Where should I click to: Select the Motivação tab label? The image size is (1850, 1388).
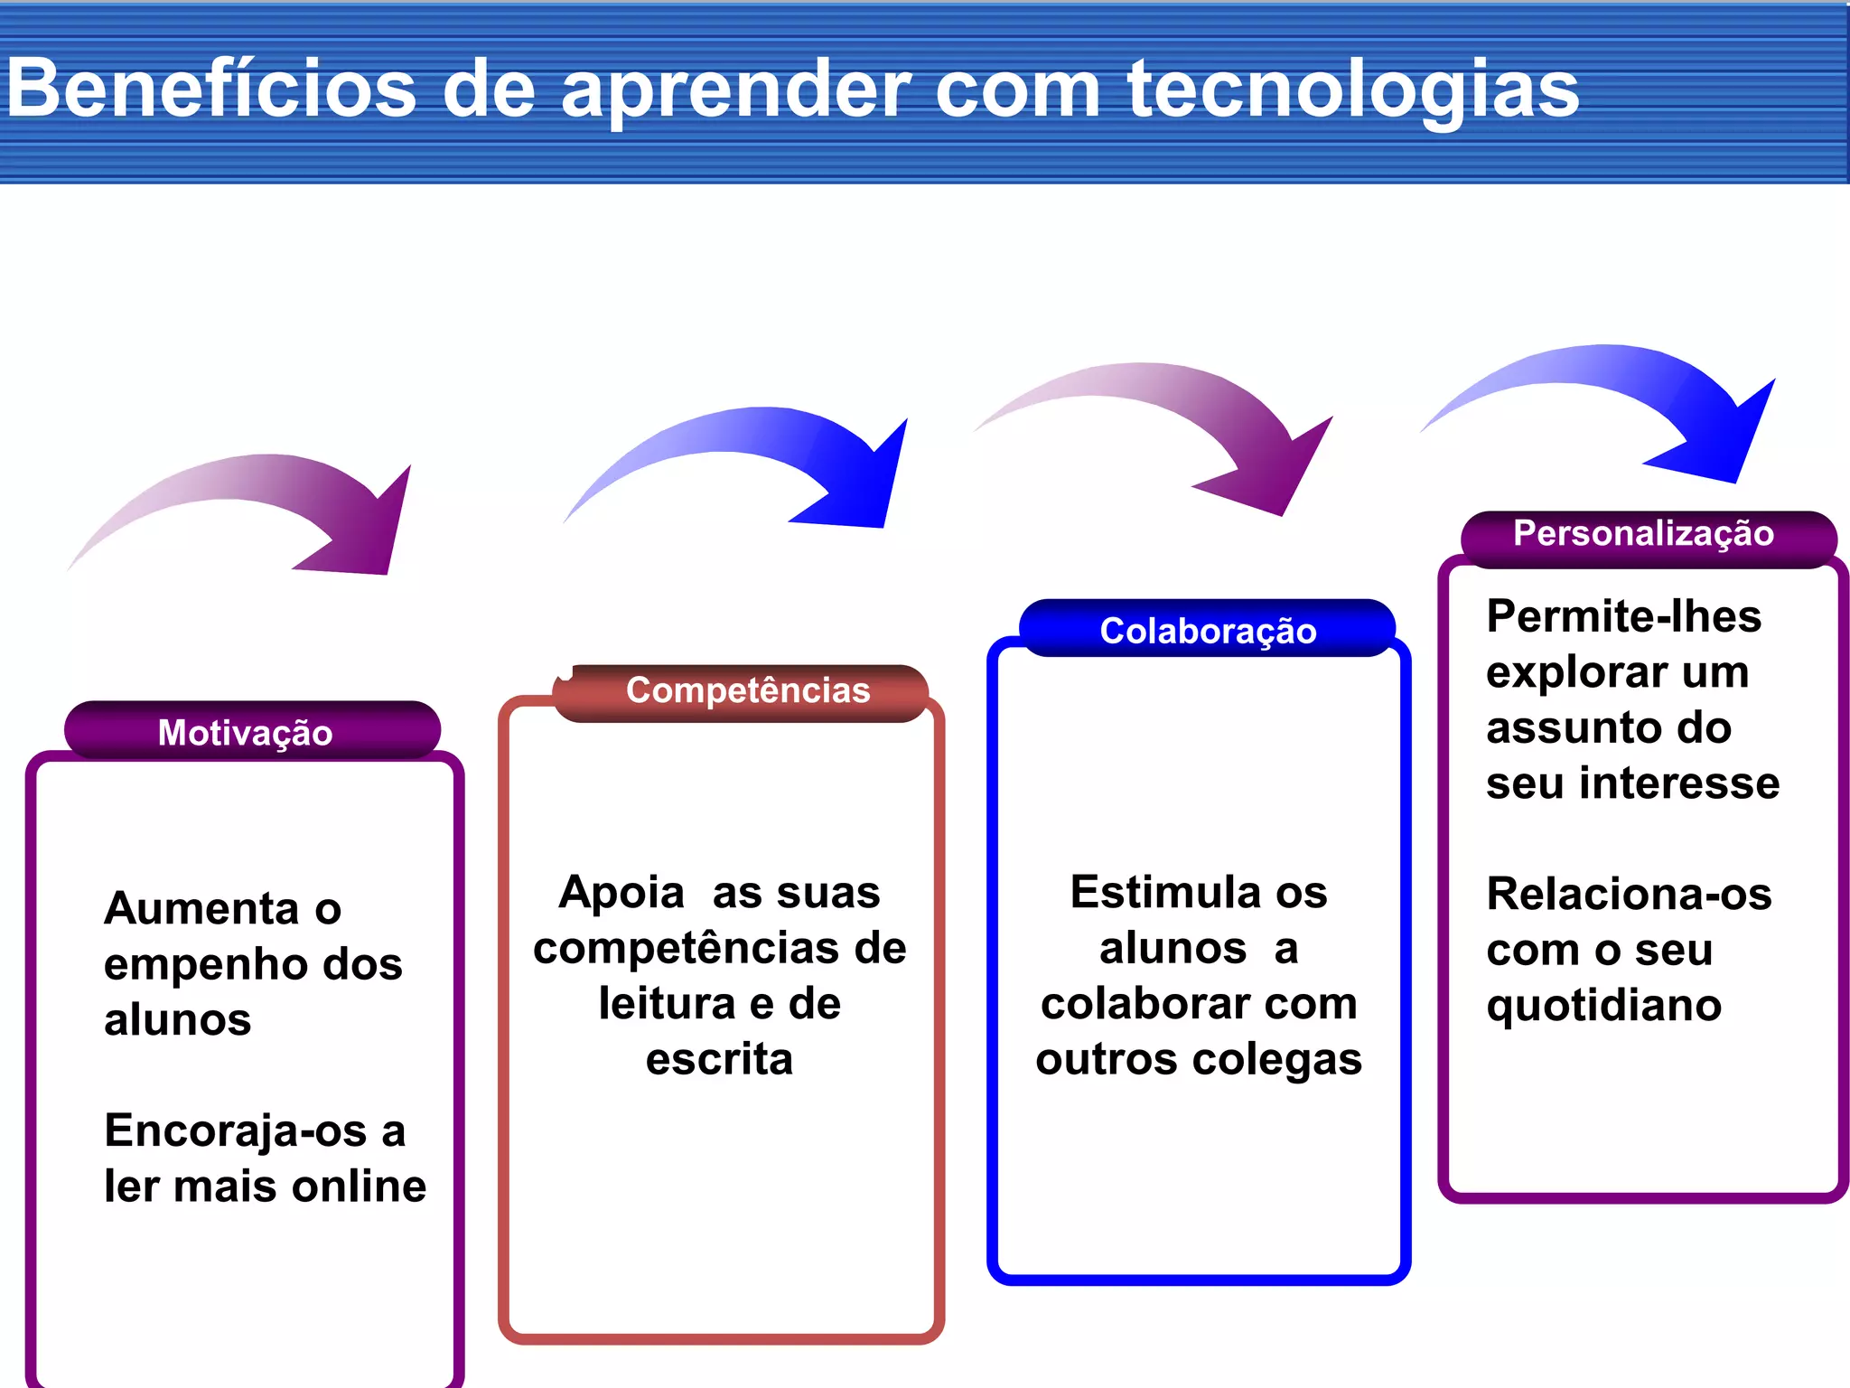245,732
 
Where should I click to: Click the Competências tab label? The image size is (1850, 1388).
748,690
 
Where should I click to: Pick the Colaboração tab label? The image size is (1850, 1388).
1208,631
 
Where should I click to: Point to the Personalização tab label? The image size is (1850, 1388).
1643,533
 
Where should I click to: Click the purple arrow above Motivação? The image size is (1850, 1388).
271,506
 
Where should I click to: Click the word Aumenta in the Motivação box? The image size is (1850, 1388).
201,908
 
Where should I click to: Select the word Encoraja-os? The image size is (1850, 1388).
236,1130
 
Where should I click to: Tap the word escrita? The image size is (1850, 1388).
719,1059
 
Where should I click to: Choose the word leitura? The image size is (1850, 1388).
667,1004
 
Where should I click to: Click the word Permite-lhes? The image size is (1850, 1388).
1623,616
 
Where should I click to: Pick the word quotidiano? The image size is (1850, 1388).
1603,1006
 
